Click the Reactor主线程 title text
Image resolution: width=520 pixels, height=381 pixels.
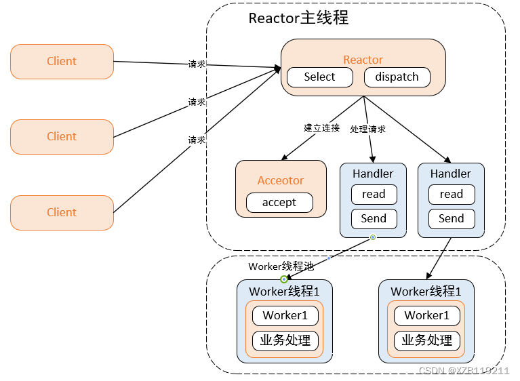point(298,18)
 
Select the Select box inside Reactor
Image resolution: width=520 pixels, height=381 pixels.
point(319,77)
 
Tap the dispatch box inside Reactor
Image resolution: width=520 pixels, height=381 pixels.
point(397,77)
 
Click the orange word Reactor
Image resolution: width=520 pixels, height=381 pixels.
point(363,60)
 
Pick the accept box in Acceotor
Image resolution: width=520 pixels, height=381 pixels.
point(279,202)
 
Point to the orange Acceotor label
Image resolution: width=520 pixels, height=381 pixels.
point(281,181)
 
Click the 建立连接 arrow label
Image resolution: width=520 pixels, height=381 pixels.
point(321,127)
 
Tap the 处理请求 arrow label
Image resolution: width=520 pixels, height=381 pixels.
point(368,129)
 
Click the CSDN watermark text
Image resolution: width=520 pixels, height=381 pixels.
point(464,371)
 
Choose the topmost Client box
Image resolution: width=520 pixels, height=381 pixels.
point(62,61)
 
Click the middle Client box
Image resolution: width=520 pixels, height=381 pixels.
point(62,136)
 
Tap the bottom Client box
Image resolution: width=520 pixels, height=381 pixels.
point(62,212)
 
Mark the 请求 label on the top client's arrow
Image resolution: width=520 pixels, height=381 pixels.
point(197,64)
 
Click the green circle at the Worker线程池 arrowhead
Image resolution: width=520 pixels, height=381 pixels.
point(284,279)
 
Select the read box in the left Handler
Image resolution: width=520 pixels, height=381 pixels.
point(374,195)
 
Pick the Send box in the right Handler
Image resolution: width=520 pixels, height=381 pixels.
point(451,218)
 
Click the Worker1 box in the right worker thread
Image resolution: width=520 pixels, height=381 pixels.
point(426,315)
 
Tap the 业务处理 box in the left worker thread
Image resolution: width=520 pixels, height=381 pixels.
point(285,340)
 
